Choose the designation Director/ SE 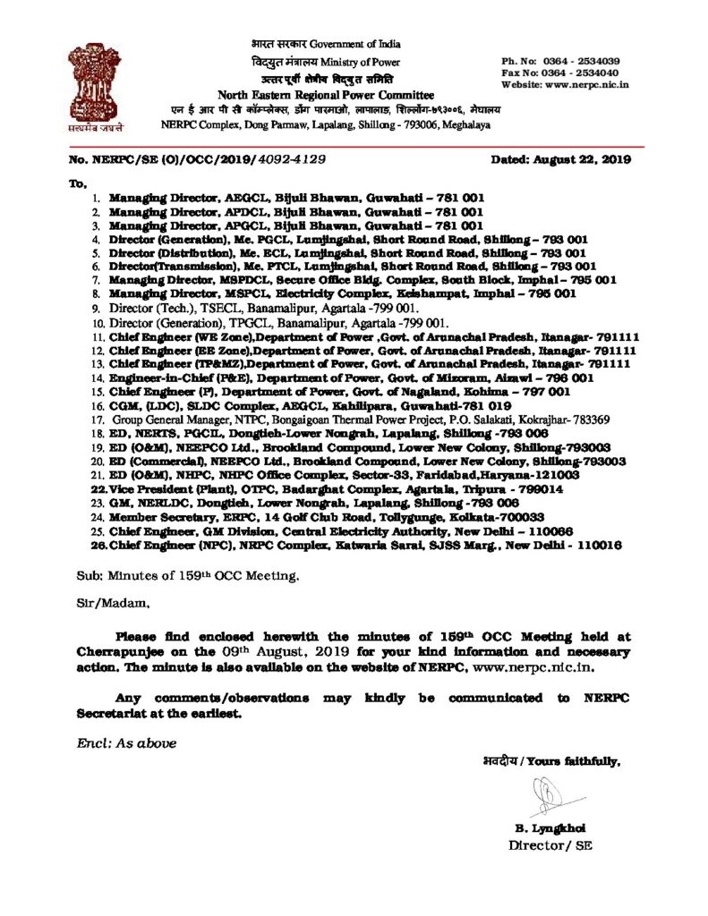click(x=550, y=844)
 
